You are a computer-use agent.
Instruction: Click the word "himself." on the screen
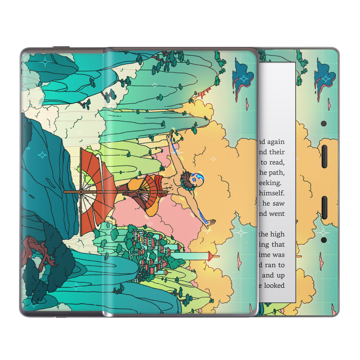coord(271,193)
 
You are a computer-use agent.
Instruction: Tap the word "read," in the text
coord(277,162)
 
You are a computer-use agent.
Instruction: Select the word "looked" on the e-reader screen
coord(274,285)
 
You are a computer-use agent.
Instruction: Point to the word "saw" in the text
coord(279,203)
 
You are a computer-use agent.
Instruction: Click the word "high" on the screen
coord(277,234)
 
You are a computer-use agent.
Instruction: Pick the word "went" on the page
coord(277,214)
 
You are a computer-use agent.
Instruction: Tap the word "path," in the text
coord(276,172)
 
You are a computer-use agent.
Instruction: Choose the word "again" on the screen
coord(275,142)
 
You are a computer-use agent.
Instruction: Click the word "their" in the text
coord(277,152)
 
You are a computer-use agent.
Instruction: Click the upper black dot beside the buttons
coord(324,123)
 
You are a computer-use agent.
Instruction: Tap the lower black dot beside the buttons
coord(324,240)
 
